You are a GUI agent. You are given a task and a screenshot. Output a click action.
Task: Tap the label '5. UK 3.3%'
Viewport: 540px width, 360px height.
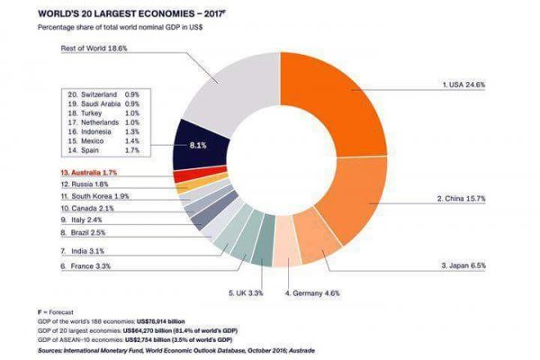click(246, 293)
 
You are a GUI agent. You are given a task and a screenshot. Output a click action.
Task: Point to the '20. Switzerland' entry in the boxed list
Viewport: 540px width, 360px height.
click(98, 93)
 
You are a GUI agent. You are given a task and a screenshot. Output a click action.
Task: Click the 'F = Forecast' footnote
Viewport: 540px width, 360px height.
click(58, 311)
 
